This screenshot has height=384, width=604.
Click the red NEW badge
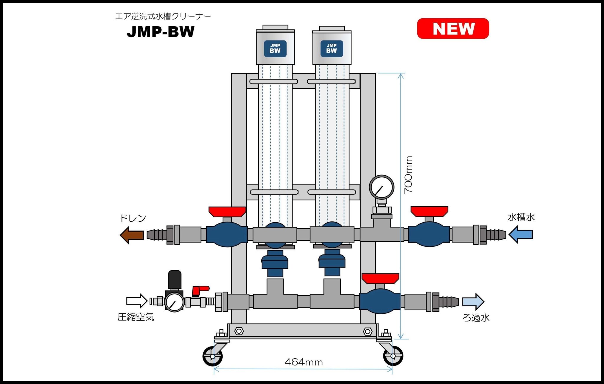(453, 29)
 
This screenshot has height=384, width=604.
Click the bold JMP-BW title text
(161, 32)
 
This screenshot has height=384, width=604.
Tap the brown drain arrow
(132, 235)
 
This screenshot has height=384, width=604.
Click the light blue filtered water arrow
(473, 301)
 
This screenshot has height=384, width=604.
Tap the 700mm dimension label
(408, 175)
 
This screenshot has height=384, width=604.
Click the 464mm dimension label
(303, 362)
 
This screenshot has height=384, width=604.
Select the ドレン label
(133, 218)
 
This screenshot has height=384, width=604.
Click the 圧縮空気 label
(136, 317)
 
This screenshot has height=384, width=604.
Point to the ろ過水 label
(476, 318)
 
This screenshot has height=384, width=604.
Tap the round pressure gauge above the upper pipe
(382, 187)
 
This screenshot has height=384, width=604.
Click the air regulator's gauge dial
(174, 302)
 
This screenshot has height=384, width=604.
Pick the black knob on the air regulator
(175, 279)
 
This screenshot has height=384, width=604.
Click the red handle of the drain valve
(227, 211)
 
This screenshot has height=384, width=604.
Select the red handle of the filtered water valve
(380, 278)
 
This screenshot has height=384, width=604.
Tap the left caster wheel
(213, 356)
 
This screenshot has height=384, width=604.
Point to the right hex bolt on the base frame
(367, 331)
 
